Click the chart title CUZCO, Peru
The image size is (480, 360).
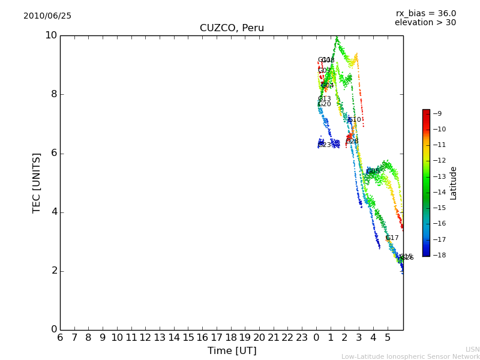(x=232, y=28)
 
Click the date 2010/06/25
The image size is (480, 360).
(x=47, y=16)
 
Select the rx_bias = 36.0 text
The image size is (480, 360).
(x=426, y=13)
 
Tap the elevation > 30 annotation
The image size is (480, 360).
(x=425, y=23)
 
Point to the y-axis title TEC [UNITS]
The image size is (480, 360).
(x=37, y=182)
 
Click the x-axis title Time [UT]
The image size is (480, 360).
(x=232, y=350)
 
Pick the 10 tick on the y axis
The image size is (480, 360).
(x=51, y=35)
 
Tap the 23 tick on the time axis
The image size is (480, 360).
(x=302, y=338)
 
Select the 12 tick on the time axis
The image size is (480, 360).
(x=145, y=338)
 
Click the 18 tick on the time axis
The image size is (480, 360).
(x=231, y=338)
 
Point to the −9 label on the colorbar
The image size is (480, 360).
(x=437, y=113)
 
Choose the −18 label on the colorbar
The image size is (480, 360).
(x=439, y=255)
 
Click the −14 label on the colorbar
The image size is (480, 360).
(x=439, y=192)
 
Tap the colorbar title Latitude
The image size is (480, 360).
(x=454, y=183)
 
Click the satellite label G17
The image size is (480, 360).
(x=392, y=238)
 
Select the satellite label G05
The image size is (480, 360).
(x=373, y=172)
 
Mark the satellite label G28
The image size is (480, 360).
(x=352, y=142)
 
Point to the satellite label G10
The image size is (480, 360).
(x=355, y=120)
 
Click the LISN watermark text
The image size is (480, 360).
(x=472, y=349)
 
